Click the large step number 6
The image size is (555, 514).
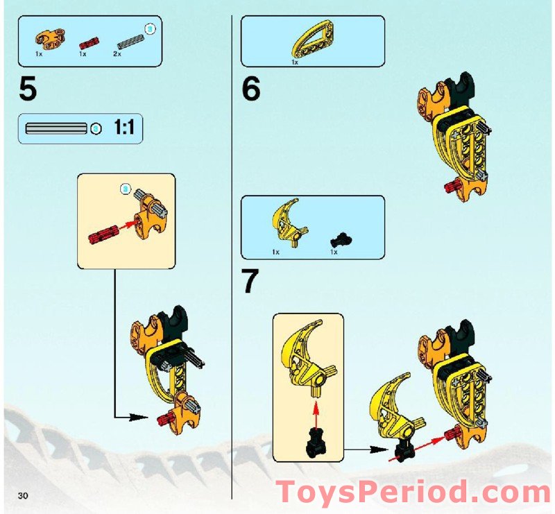click(251, 89)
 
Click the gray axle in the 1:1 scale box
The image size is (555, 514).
click(55, 128)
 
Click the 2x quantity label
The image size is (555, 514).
click(117, 53)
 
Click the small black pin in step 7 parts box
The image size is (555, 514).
click(338, 239)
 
